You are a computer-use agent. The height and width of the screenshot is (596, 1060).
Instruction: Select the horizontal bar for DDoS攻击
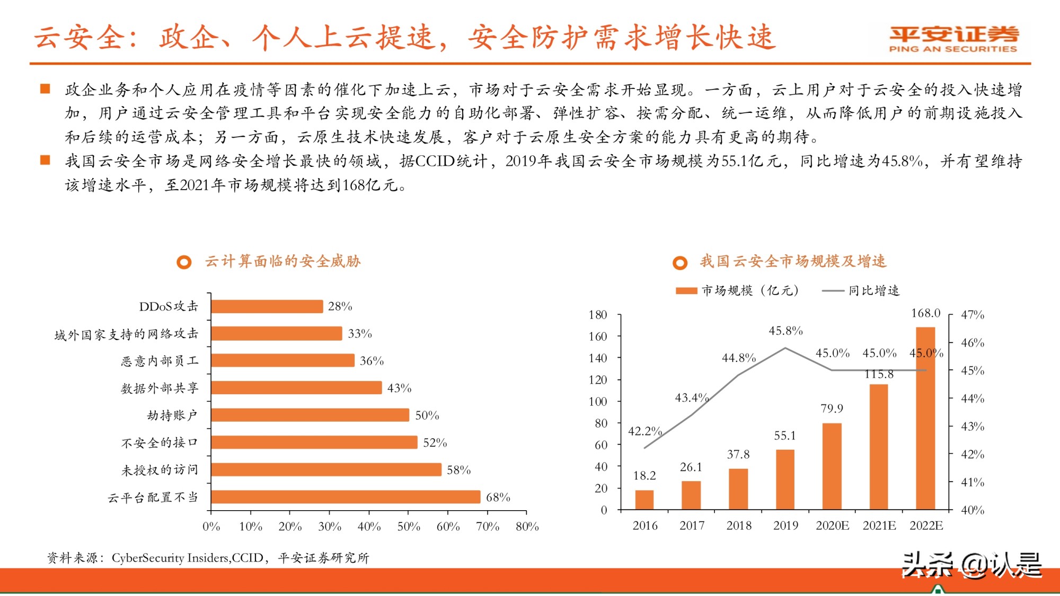coord(267,306)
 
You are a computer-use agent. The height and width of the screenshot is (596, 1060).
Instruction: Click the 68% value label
coord(498,497)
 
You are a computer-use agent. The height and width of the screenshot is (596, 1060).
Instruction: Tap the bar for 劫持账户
coord(310,415)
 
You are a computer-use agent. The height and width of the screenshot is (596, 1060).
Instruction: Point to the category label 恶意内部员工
coord(160,361)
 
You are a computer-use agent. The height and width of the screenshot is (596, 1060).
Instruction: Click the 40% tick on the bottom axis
coord(369,527)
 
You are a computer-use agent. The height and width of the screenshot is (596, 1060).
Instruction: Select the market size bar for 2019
coord(785,479)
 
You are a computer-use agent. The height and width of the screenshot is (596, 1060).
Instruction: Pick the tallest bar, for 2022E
coord(925,419)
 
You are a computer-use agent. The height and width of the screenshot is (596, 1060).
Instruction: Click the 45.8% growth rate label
coord(785,331)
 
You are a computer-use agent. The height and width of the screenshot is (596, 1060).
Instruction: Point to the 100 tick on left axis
coord(598,402)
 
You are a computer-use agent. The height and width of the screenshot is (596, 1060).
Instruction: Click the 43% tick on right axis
coord(972,426)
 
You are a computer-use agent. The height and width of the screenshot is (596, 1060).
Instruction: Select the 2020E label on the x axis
coord(832,526)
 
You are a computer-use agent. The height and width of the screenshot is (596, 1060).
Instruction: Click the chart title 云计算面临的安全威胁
coord(282,261)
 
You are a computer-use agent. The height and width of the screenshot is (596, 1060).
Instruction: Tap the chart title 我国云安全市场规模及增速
coord(793,261)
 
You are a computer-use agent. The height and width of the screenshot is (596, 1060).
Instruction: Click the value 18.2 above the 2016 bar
coord(644,476)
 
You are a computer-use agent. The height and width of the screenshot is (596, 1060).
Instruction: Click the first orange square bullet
coord(45,88)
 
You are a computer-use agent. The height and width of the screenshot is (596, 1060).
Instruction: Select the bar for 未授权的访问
coord(326,469)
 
